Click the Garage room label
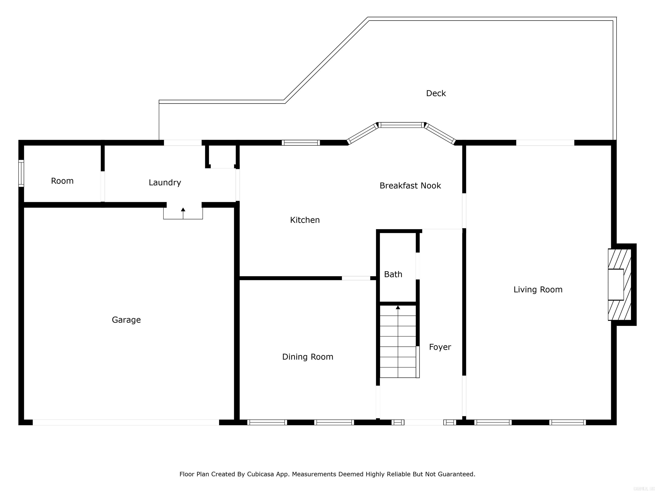(126, 320)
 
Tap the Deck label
(436, 93)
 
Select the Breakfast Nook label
(410, 186)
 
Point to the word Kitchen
(305, 220)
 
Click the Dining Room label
(308, 357)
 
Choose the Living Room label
(538, 289)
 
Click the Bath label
(393, 274)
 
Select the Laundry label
(165, 183)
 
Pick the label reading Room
(62, 181)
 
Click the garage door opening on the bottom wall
(126, 422)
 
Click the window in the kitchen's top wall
(301, 143)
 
